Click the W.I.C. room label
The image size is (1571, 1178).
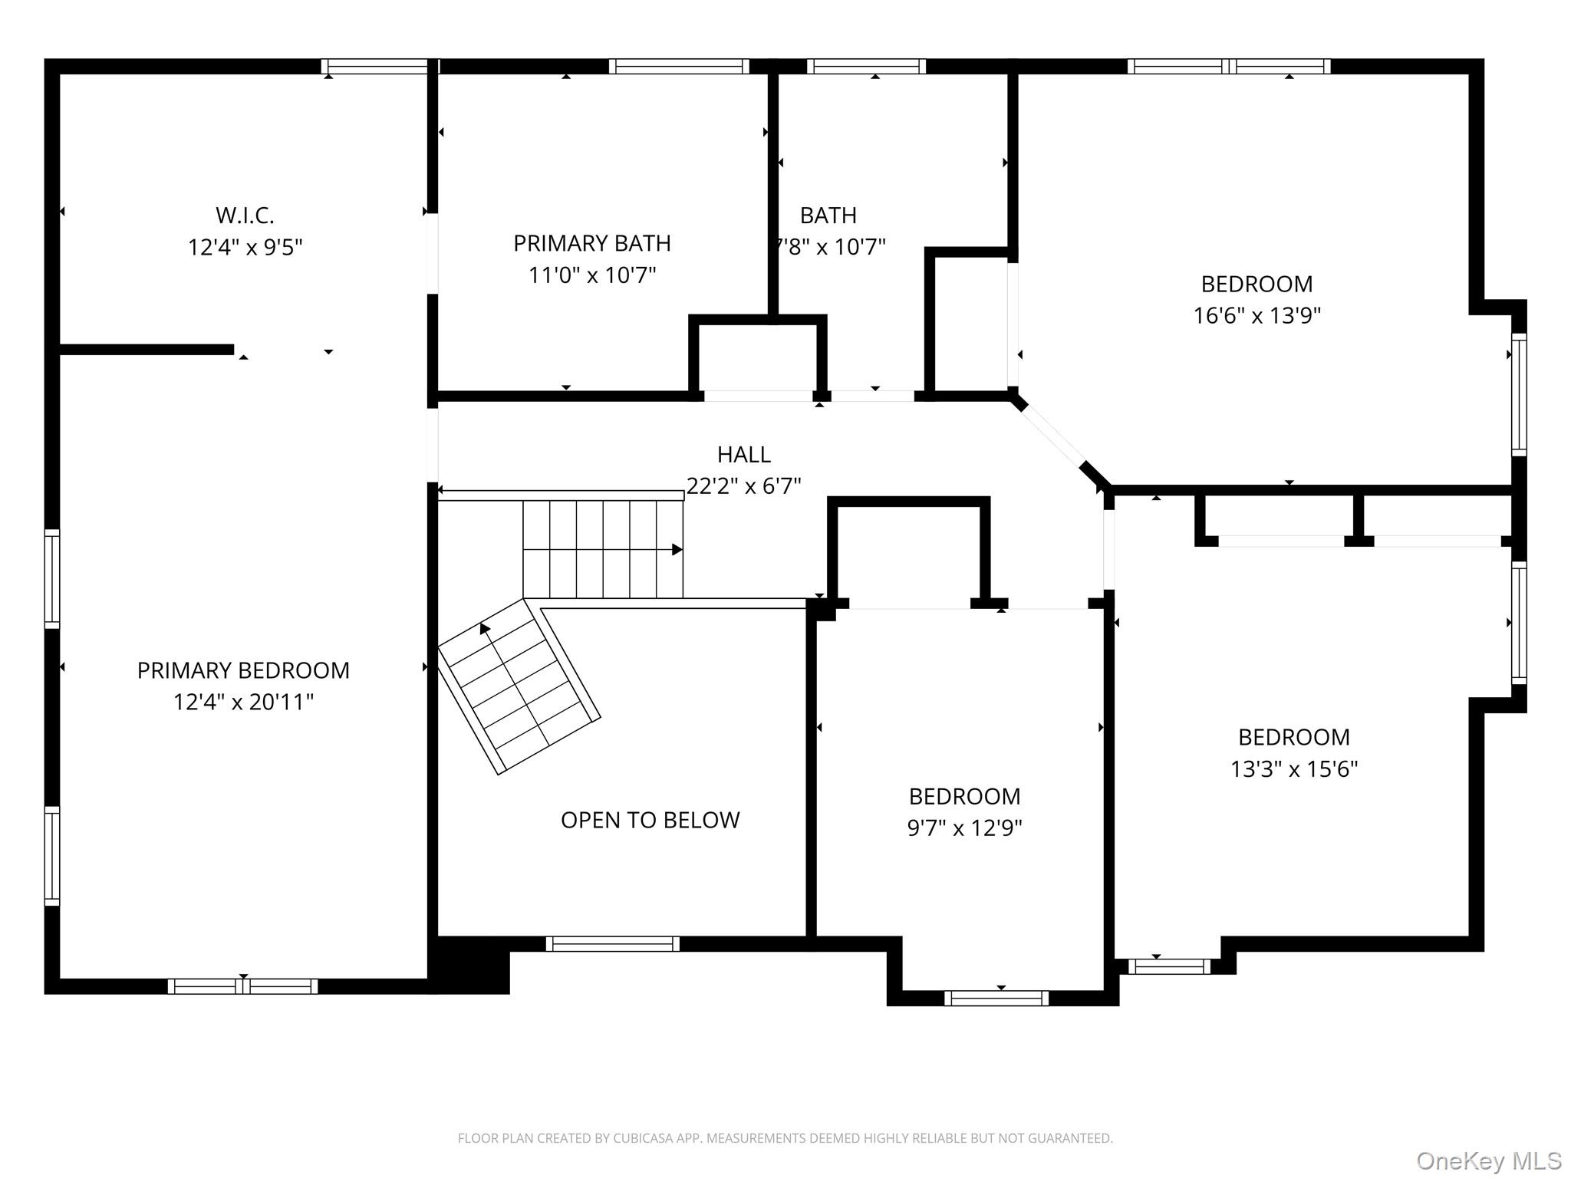[x=245, y=216]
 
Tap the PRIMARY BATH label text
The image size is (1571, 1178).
[x=592, y=243]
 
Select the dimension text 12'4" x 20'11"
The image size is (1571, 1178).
[x=244, y=702]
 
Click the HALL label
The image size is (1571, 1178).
[x=744, y=455]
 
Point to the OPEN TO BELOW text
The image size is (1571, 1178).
[x=650, y=820]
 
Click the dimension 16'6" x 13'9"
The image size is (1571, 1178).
[x=1257, y=315]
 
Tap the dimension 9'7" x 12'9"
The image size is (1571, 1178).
[x=965, y=828]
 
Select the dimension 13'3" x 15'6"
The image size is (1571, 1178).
[x=1294, y=768]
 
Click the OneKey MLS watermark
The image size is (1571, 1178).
[x=1489, y=1160]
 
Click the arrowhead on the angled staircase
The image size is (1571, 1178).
[x=485, y=629]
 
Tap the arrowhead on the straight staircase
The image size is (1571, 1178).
[x=677, y=549]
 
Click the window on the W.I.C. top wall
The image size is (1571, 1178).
[x=374, y=67]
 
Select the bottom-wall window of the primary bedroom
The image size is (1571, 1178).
[x=243, y=986]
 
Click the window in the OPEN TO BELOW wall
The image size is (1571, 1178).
[x=613, y=944]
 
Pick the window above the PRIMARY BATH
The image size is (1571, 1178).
[x=679, y=67]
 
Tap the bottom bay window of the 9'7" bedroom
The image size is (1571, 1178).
[x=996, y=998]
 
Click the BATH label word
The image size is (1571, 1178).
[x=828, y=216]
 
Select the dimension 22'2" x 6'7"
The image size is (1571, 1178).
[x=744, y=486]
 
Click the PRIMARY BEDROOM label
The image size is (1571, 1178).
[x=243, y=670]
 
